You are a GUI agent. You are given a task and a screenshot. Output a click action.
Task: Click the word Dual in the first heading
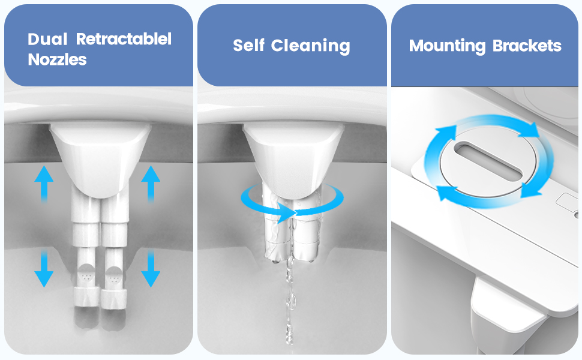[48, 40]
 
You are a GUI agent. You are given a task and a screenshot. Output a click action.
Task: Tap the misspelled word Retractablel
[124, 40]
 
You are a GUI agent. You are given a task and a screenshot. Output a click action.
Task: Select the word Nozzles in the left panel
[58, 60]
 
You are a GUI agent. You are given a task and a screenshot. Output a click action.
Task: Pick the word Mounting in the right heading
[439, 46]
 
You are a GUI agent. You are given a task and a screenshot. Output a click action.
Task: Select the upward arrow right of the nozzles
[151, 183]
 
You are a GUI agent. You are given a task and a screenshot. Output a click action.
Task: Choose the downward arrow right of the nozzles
[151, 269]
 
